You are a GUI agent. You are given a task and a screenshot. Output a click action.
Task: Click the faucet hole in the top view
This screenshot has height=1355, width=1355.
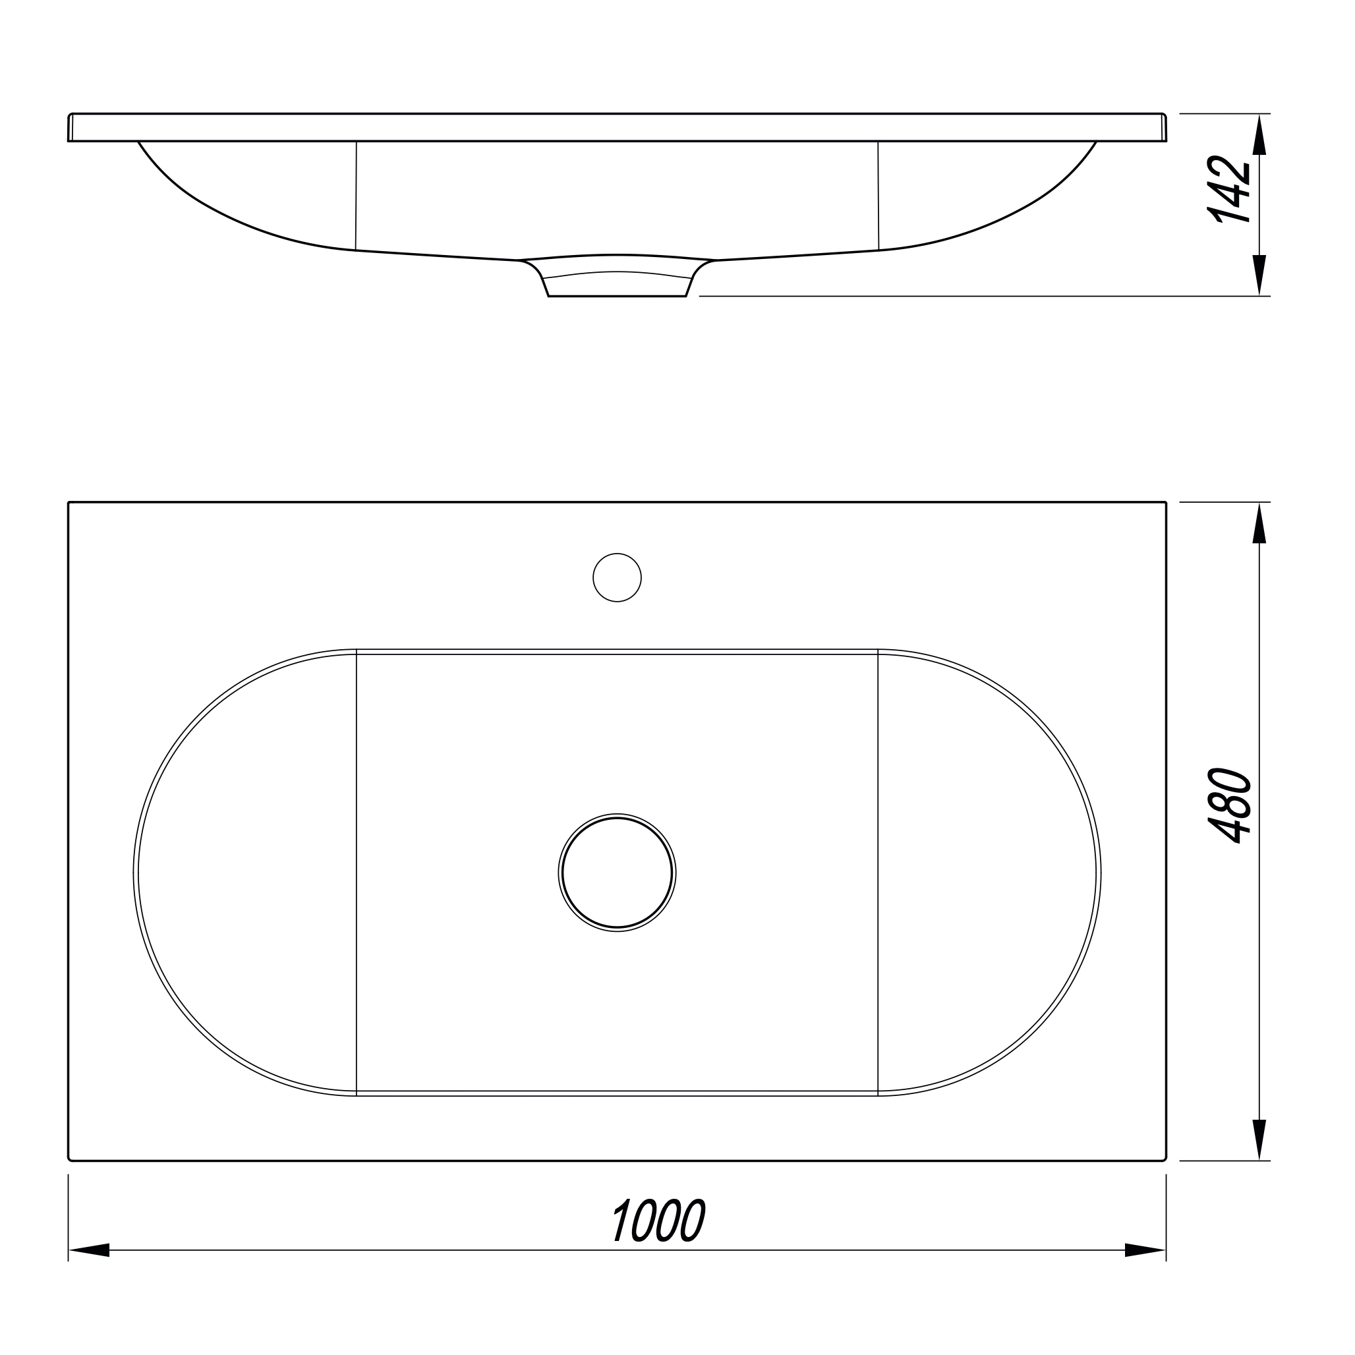(617, 577)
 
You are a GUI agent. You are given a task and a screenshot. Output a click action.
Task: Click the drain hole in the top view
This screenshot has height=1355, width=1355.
(617, 873)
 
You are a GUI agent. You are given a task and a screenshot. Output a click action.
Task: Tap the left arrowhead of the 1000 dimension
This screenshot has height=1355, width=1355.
(89, 1269)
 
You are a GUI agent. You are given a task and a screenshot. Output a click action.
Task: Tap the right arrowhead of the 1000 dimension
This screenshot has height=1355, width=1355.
(1145, 1269)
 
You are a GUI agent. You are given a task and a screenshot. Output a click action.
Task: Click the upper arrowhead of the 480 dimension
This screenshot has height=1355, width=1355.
(1259, 523)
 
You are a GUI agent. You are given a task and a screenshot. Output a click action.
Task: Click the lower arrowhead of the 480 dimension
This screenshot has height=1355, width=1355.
(1259, 1140)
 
